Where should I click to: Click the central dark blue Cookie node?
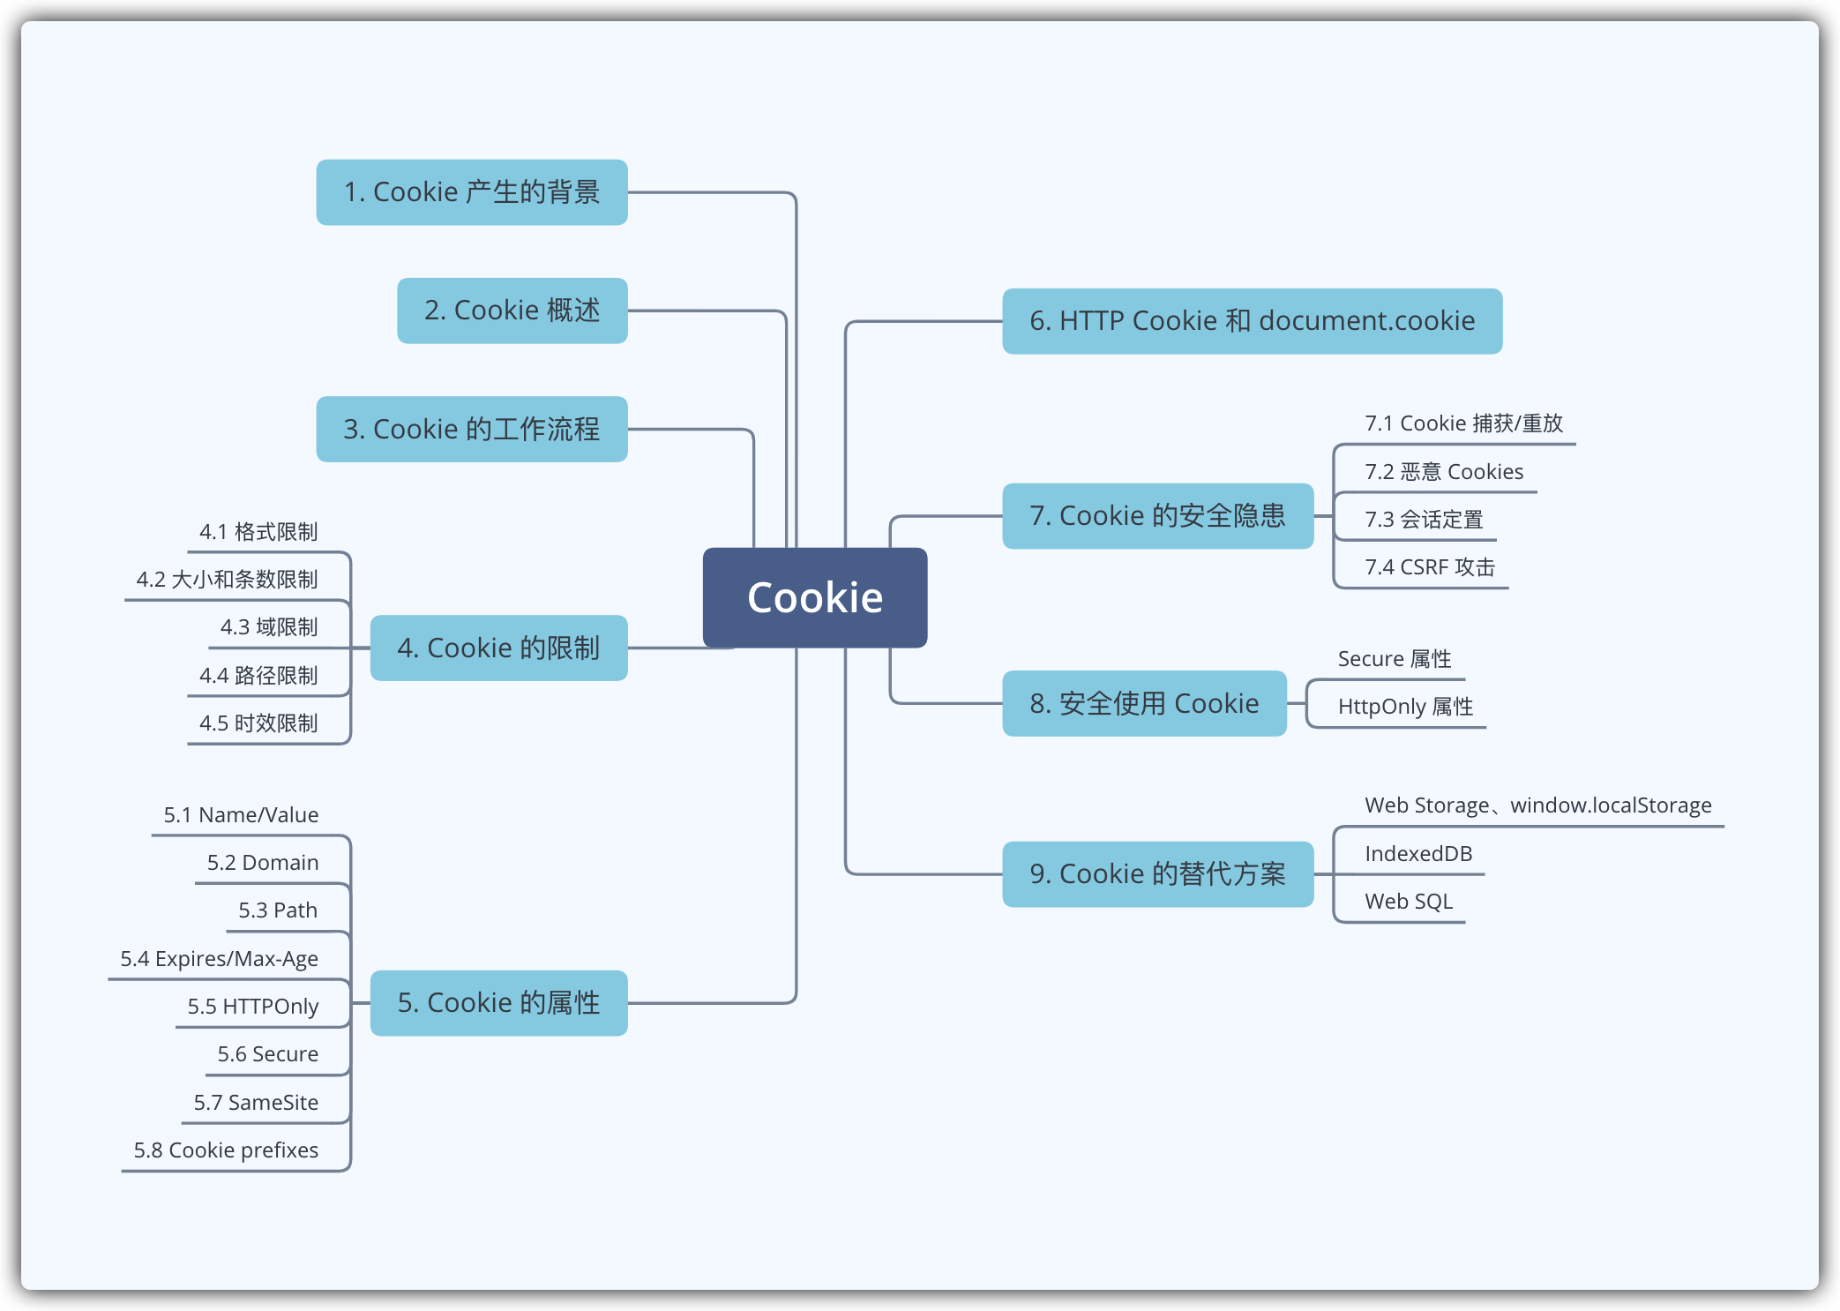coord(814,597)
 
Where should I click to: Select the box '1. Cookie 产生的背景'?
coord(472,192)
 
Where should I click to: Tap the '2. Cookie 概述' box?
coord(512,311)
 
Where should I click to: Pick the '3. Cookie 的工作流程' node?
coord(472,429)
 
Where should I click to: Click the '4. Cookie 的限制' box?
coord(498,648)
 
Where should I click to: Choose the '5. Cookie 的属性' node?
coord(498,1003)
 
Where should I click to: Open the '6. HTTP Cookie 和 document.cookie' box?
coord(1252,321)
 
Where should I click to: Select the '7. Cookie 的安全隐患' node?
coord(1157,516)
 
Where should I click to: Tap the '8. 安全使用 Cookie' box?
coord(1144,703)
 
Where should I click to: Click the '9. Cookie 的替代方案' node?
coord(1157,874)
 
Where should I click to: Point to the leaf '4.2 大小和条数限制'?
coord(227,580)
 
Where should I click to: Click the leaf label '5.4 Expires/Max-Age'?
coord(219,959)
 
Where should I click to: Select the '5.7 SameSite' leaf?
coord(256,1103)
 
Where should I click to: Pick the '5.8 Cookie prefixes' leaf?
coord(226,1150)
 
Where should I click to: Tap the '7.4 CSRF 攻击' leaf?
coord(1430,567)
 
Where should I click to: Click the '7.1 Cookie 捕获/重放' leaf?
coord(1463,423)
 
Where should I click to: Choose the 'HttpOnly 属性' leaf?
coord(1405,707)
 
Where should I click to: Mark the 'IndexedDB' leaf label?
coord(1418,854)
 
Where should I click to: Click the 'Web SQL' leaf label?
coord(1409,902)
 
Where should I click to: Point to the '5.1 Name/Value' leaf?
coord(241,815)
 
